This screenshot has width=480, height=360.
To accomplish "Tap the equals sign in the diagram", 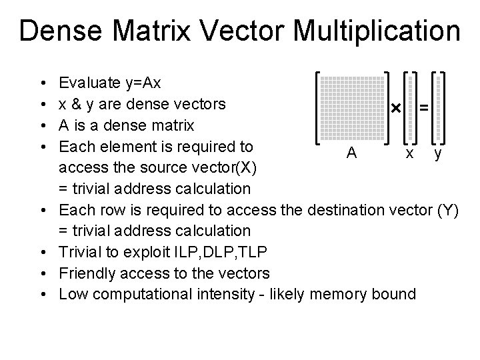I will (x=423, y=107).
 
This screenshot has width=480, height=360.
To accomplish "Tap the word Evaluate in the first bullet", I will (x=89, y=84).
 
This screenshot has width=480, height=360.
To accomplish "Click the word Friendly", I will (x=87, y=273).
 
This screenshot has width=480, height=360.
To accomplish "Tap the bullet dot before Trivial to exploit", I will (x=42, y=252).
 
